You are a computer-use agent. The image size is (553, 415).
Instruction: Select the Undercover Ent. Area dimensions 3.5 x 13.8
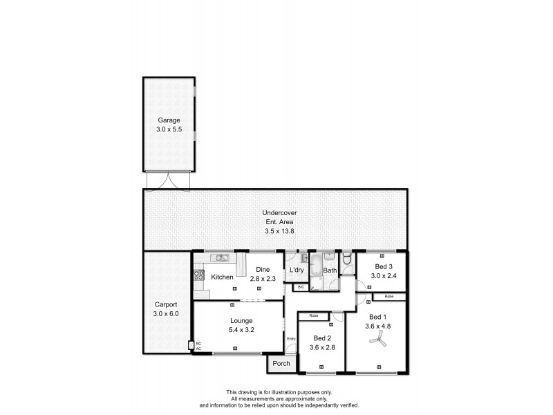275,231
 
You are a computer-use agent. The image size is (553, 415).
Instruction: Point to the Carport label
166,304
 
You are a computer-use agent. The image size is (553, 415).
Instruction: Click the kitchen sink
221,259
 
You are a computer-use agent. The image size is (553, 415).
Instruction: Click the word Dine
262,269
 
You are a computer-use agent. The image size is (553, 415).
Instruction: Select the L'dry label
297,270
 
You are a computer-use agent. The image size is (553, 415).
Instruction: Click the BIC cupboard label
301,286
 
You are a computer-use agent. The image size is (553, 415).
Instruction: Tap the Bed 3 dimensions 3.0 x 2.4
384,276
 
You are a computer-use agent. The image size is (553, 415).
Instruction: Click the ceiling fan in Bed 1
377,339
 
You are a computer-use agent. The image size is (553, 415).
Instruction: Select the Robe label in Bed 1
389,297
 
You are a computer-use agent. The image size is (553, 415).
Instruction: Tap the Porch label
281,363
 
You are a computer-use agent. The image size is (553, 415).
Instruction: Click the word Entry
291,338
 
